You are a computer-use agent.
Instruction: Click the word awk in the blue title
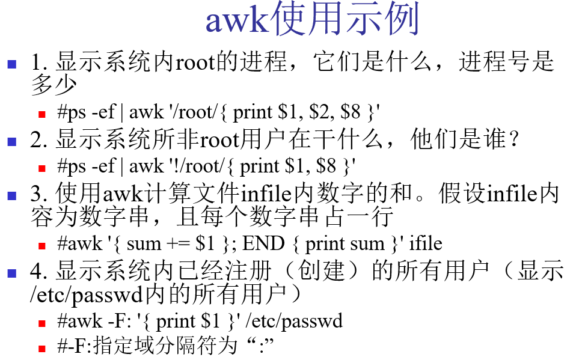click(x=237, y=21)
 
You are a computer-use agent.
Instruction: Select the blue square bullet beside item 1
click(x=12, y=64)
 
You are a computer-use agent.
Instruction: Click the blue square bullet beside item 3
click(x=12, y=196)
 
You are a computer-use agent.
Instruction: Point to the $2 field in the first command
click(x=322, y=112)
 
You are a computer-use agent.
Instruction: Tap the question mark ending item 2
click(x=514, y=139)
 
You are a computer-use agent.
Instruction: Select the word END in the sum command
click(x=263, y=243)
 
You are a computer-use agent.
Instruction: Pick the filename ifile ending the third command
click(x=426, y=243)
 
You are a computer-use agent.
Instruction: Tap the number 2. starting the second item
click(x=39, y=139)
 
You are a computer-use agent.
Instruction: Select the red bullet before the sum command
click(x=42, y=246)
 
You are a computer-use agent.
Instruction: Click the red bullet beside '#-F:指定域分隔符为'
click(x=42, y=349)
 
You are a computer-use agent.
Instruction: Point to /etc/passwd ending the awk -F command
click(x=294, y=322)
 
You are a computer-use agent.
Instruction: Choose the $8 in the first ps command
click(x=351, y=112)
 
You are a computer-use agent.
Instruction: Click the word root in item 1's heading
click(x=195, y=62)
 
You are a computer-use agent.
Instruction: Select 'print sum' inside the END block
click(x=345, y=245)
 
